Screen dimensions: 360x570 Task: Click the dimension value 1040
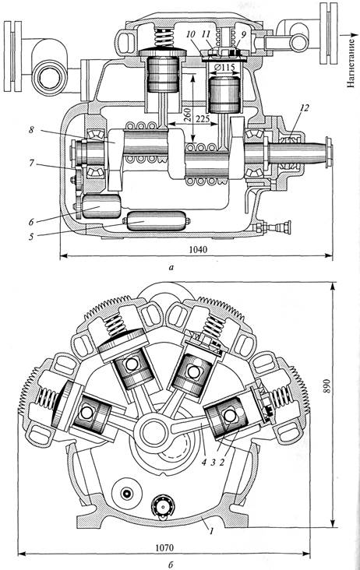pos(198,250)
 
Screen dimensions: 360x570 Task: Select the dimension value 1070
pos(164,547)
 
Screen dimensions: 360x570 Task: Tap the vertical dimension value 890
pos(326,385)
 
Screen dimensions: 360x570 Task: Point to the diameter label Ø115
pos(224,68)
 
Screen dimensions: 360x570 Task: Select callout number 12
pos(304,107)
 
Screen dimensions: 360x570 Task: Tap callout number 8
pos(31,129)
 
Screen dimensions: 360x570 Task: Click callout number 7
pos(31,164)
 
